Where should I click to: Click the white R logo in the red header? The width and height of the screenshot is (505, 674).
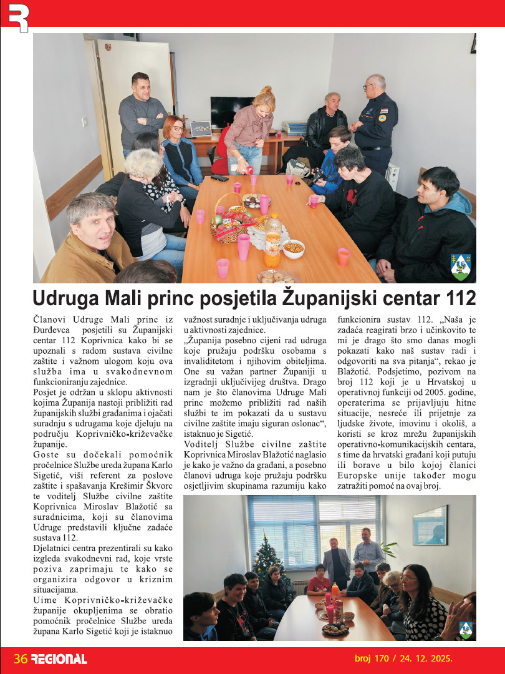[18, 17]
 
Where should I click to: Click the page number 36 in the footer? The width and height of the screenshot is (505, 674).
[20, 658]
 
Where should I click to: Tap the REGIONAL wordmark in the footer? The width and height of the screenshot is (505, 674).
[59, 658]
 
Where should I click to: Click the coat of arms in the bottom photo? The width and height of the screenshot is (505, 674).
[465, 629]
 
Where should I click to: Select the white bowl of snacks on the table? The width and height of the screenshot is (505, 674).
[293, 248]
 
